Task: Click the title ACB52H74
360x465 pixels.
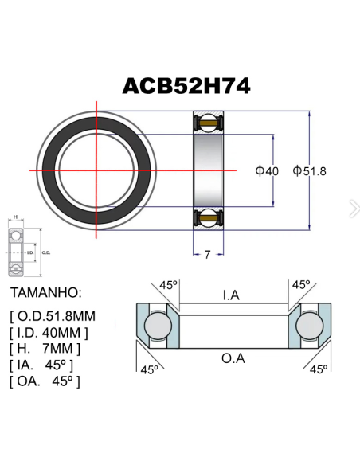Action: pos(186,85)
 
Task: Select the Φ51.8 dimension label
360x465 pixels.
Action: pos(310,170)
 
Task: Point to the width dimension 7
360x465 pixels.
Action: pos(207,255)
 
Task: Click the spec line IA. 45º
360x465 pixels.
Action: pos(41,365)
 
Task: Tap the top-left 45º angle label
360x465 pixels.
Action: pos(168,284)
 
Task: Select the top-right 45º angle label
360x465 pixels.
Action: pos(300,284)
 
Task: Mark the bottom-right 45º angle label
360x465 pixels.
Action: pos(319,369)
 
